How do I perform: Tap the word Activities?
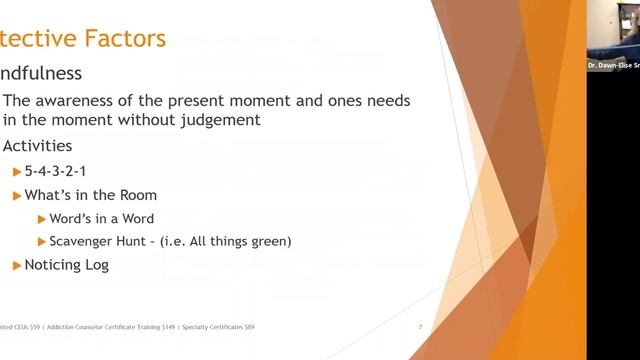coord(37,146)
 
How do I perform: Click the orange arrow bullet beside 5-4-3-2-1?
coord(17,171)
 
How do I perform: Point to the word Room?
coord(137,195)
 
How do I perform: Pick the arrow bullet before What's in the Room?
coord(17,195)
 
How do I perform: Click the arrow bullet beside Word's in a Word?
coord(41,218)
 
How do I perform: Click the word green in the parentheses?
coord(269,241)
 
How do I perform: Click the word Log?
coord(97,265)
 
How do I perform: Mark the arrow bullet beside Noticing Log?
coord(17,265)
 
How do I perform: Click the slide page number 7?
coord(421,327)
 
